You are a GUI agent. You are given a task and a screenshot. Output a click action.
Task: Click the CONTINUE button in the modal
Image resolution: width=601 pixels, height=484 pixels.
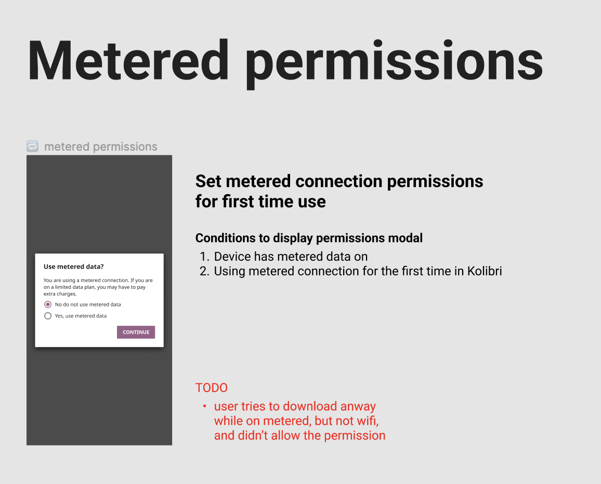(136, 332)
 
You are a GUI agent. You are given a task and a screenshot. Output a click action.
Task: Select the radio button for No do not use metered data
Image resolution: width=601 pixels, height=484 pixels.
(48, 304)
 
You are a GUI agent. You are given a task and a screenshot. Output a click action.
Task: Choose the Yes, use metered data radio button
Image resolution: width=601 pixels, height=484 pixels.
(48, 316)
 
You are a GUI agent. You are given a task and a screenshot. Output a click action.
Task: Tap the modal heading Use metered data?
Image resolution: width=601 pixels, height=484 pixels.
(73, 267)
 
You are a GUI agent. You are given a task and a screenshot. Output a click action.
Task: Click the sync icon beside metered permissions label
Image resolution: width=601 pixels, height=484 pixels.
(32, 146)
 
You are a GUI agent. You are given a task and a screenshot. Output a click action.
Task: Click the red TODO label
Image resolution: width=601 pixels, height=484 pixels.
(211, 388)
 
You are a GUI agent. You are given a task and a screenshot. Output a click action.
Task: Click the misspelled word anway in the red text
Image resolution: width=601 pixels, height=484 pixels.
(358, 407)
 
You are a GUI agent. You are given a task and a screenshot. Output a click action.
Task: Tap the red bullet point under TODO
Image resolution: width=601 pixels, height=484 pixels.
(204, 406)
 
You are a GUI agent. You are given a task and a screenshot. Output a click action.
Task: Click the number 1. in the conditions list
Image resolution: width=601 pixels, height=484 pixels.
(204, 257)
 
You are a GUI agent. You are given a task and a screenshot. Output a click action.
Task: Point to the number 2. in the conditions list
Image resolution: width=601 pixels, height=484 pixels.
(204, 271)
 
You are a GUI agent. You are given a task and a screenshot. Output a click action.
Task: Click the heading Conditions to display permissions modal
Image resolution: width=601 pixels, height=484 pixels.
(309, 238)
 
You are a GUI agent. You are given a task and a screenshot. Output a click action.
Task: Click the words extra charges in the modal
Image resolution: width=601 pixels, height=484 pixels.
(60, 294)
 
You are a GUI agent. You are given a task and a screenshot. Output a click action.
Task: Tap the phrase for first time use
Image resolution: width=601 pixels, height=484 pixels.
(260, 201)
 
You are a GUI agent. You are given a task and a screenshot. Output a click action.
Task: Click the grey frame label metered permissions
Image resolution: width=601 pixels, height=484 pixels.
(101, 147)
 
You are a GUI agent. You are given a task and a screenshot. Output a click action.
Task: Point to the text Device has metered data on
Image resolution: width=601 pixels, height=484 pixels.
(291, 257)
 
